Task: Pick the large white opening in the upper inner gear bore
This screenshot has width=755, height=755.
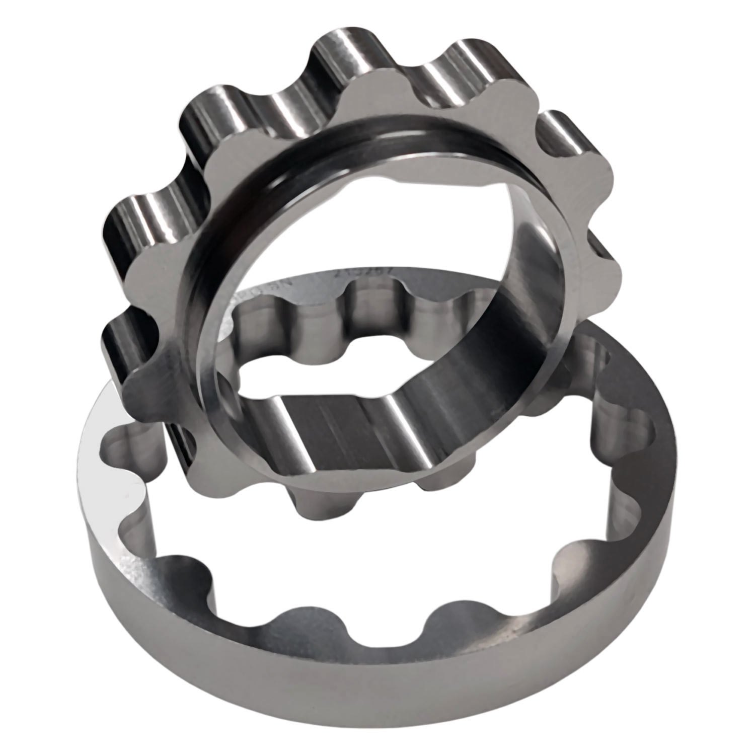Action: pyautogui.click(x=352, y=216)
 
